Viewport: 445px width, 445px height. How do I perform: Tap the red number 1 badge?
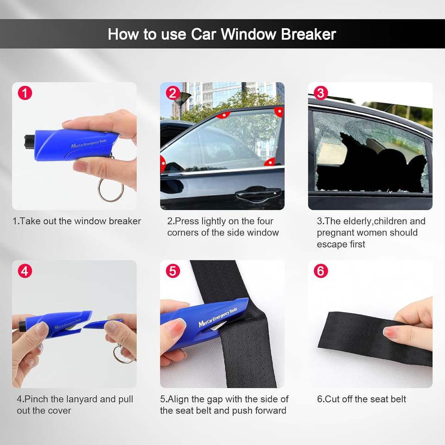click(x=25, y=93)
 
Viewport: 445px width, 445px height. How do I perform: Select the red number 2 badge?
click(x=173, y=93)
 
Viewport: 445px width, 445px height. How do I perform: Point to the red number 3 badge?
click(x=321, y=93)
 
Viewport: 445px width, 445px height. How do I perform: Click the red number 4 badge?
click(x=25, y=271)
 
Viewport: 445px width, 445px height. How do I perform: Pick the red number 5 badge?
click(x=173, y=271)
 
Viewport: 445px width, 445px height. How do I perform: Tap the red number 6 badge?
click(x=321, y=271)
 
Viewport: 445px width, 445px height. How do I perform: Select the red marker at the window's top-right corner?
click(x=279, y=111)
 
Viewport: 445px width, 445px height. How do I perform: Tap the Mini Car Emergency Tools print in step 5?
click(x=218, y=317)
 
